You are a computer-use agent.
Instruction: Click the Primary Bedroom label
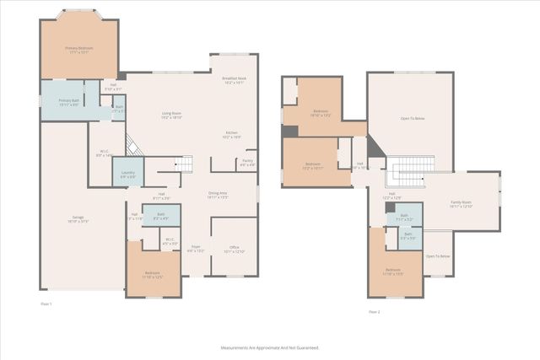coord(79,50)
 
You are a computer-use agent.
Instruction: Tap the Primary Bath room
coord(68,102)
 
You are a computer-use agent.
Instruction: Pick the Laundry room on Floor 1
coord(127,174)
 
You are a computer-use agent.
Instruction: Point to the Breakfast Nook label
coord(233,80)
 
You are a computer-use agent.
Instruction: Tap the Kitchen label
coord(231,134)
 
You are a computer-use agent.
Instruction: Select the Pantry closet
coord(247,163)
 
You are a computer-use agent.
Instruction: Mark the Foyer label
coord(195,249)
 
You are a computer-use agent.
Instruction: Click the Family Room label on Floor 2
coord(461,203)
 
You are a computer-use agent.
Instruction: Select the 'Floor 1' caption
coord(46,303)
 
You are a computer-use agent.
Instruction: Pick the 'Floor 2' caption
coord(374,311)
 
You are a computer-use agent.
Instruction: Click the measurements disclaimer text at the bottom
coord(270,347)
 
